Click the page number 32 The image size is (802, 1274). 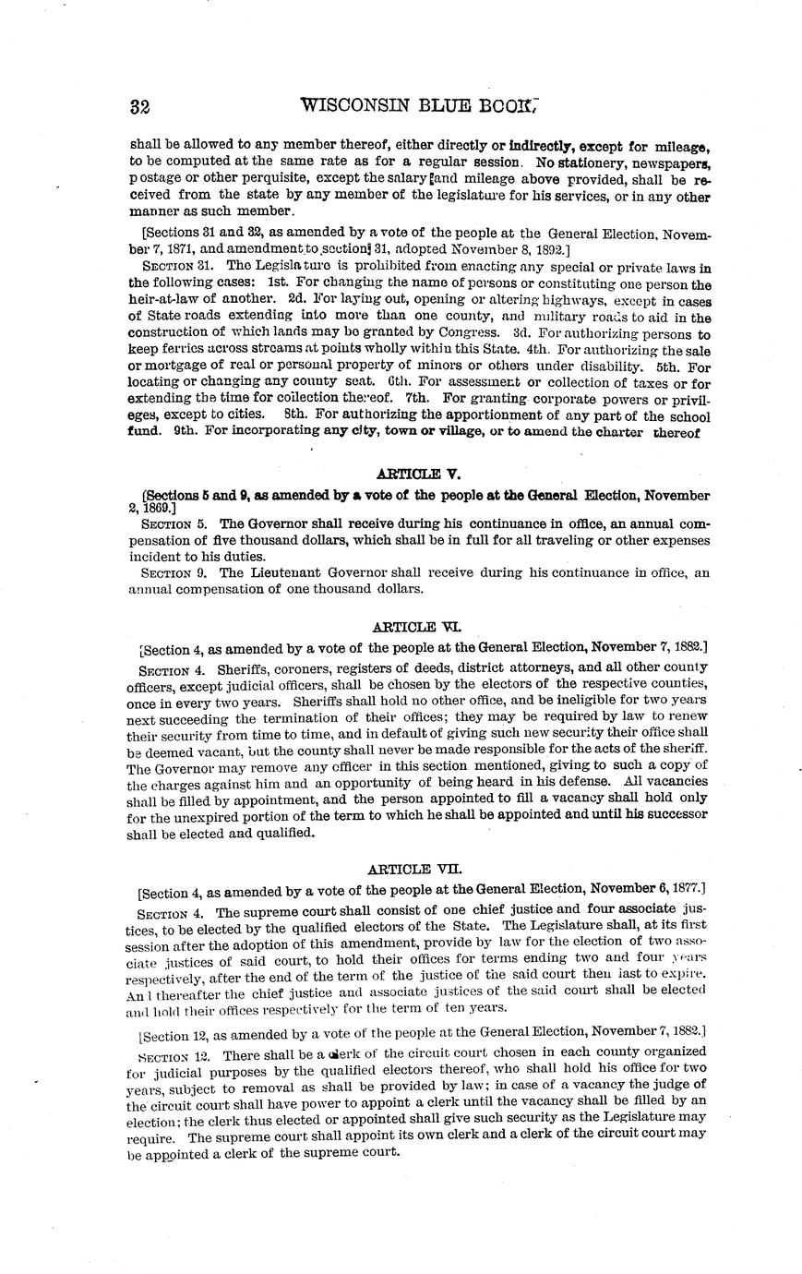point(140,106)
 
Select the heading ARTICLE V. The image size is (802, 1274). point(419,475)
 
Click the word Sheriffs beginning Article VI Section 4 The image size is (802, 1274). point(245,667)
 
